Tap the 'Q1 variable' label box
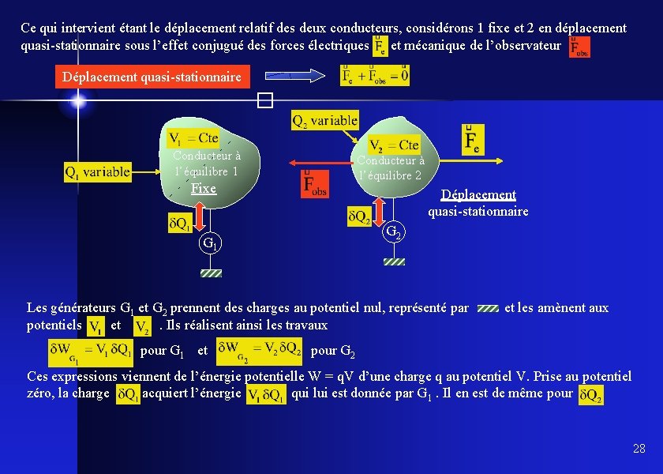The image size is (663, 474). point(98,171)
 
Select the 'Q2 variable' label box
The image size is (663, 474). point(324,121)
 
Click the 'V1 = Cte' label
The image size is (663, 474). point(194,138)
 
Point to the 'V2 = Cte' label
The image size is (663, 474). point(394,145)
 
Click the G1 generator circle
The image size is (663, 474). point(210,243)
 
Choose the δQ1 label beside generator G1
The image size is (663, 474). point(179,224)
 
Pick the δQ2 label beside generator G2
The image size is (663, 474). point(359,216)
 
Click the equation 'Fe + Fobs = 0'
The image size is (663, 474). point(375,75)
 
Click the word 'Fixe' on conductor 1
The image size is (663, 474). point(204,189)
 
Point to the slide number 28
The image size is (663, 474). point(639,449)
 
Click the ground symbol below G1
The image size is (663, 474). point(211,273)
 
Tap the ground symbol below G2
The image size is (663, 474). point(394,261)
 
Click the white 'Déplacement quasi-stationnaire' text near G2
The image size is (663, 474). point(478,203)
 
